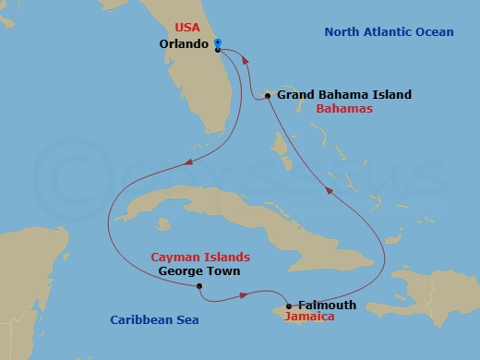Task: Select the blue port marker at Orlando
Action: coord(216,42)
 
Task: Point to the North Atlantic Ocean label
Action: coord(389,33)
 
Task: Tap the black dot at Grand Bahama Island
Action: coord(268,94)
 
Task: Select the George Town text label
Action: coord(199,271)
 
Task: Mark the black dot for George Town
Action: coord(199,286)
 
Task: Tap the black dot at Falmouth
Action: coord(289,306)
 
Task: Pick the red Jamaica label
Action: coord(309,318)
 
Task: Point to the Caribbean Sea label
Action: coord(153,319)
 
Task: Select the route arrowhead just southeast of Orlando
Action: coord(245,58)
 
